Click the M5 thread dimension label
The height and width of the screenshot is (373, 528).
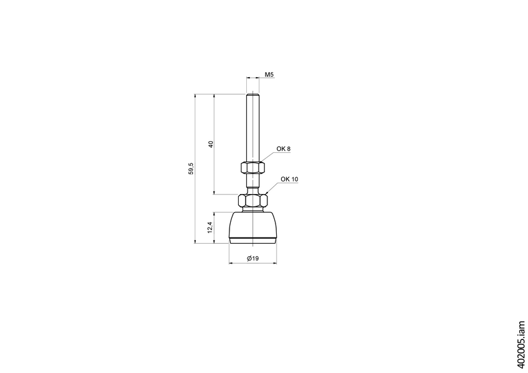click(x=269, y=75)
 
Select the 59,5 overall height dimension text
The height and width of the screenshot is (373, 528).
click(x=192, y=168)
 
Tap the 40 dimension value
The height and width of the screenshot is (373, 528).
click(x=211, y=144)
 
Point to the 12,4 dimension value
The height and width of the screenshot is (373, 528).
click(x=211, y=228)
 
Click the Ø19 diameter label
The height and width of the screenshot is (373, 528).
click(x=252, y=258)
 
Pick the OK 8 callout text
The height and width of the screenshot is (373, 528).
click(x=284, y=149)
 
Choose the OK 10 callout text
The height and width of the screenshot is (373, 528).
click(x=289, y=179)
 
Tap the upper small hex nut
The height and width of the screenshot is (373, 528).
click(x=252, y=168)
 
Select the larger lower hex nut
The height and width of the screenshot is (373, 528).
click(x=252, y=201)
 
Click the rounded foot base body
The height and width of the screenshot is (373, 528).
click(x=252, y=224)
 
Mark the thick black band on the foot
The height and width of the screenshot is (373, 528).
click(x=252, y=238)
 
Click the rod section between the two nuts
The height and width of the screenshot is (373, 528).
click(x=252, y=184)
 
